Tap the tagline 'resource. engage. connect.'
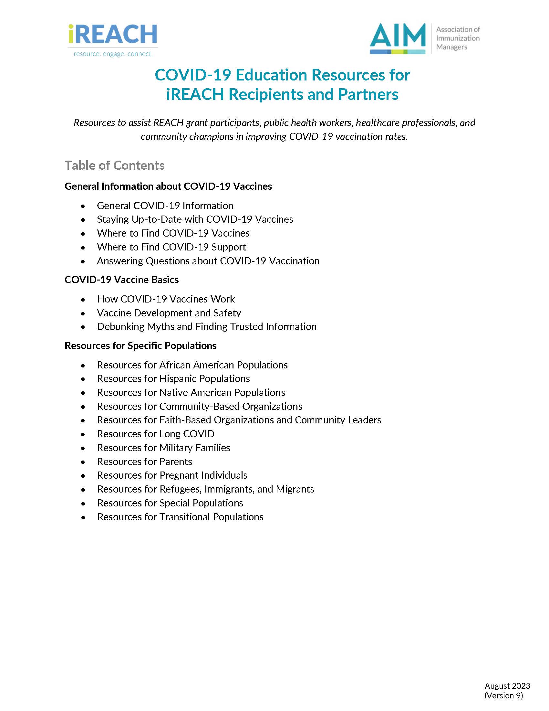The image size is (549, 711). tap(113, 54)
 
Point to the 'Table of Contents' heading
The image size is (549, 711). tap(115, 165)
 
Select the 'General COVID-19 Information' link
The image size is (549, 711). tap(165, 206)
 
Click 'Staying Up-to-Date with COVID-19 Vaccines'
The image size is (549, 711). tap(195, 219)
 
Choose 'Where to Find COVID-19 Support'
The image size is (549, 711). tap(171, 247)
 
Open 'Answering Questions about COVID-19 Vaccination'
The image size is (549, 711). tap(208, 261)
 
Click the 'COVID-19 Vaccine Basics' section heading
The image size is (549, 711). tap(121, 280)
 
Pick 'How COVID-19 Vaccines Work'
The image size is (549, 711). tap(166, 299)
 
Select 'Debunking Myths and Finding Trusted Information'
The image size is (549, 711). tap(207, 326)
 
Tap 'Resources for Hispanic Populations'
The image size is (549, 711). tap(173, 379)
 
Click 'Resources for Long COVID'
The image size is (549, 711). tap(155, 434)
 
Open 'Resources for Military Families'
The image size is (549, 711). tap(163, 448)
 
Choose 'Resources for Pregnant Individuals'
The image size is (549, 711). tap(172, 475)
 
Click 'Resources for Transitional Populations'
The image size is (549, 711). tap(180, 517)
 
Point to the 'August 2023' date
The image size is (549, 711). tap(507, 686)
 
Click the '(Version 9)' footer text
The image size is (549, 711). tap(503, 696)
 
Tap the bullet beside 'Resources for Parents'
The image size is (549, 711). tap(83, 462)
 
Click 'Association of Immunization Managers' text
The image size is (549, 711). tap(458, 38)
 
